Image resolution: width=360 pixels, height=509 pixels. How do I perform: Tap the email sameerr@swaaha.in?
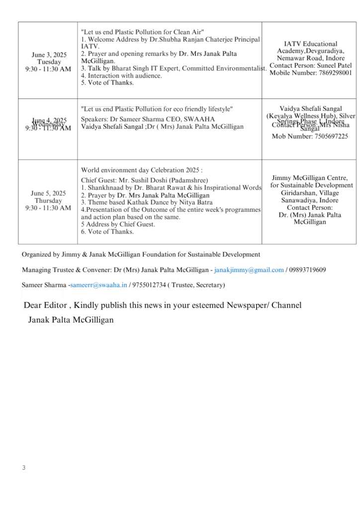click(99, 285)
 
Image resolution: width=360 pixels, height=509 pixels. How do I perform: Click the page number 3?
click(23, 467)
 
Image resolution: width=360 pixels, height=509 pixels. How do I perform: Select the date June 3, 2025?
click(49, 55)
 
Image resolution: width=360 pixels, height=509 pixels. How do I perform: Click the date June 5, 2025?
click(48, 193)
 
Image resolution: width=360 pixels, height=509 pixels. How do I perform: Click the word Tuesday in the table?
click(49, 62)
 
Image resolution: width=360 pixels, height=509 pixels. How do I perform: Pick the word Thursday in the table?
click(48, 201)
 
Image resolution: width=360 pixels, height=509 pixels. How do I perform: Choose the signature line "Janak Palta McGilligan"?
click(71, 320)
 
